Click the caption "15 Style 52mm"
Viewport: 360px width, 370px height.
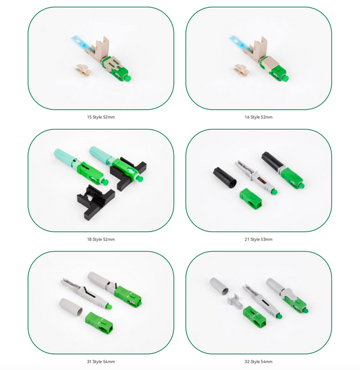point(101,117)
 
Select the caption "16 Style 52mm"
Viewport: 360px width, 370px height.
point(259,117)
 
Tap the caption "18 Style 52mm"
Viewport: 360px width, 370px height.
point(101,239)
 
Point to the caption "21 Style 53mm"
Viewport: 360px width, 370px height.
point(259,239)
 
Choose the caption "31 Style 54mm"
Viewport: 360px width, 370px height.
point(101,362)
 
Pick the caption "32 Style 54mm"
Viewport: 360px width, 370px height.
point(259,362)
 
